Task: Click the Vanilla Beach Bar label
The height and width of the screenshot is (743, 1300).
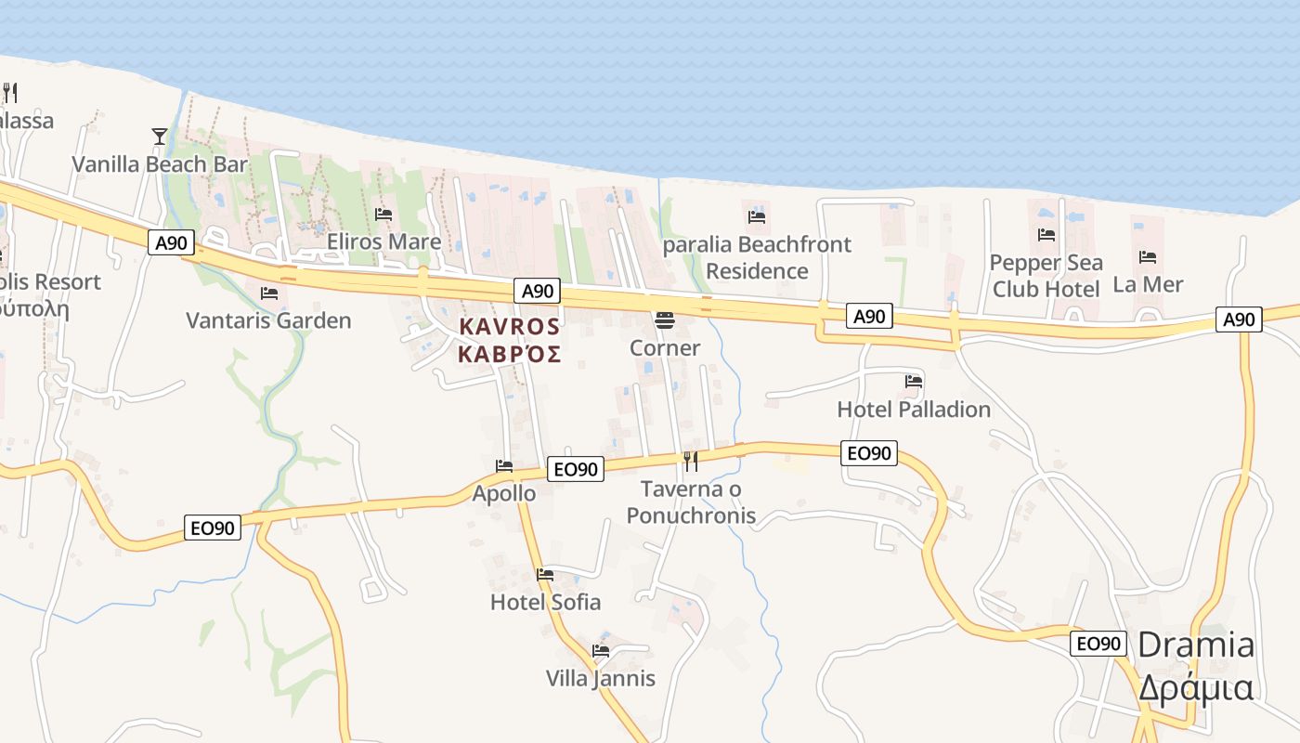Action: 160,164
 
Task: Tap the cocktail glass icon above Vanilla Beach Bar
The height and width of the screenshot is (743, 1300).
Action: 160,137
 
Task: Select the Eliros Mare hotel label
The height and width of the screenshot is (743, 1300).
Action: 383,241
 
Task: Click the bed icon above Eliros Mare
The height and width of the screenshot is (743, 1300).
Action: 383,215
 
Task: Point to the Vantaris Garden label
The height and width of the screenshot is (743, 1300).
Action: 268,320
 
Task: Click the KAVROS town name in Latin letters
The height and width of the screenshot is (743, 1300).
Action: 510,327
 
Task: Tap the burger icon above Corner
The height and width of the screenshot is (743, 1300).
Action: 665,320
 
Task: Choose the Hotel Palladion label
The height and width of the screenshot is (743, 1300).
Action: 914,409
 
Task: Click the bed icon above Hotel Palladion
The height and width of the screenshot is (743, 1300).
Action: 914,381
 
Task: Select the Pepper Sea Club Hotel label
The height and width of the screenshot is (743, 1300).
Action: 1046,276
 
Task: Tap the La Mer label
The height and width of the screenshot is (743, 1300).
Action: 1148,284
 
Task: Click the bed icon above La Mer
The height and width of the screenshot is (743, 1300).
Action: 1148,257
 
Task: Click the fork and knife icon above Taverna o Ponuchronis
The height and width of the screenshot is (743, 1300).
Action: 691,461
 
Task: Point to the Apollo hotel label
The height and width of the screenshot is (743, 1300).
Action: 504,493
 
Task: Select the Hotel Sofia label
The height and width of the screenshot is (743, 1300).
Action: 545,602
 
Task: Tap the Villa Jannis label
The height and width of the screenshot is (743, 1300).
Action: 600,678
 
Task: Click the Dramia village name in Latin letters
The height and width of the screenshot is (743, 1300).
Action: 1196,645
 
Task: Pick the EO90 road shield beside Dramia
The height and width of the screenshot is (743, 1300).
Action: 1098,644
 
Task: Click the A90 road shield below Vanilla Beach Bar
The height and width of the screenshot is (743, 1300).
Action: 171,243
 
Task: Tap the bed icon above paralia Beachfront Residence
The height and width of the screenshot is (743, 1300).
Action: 757,217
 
